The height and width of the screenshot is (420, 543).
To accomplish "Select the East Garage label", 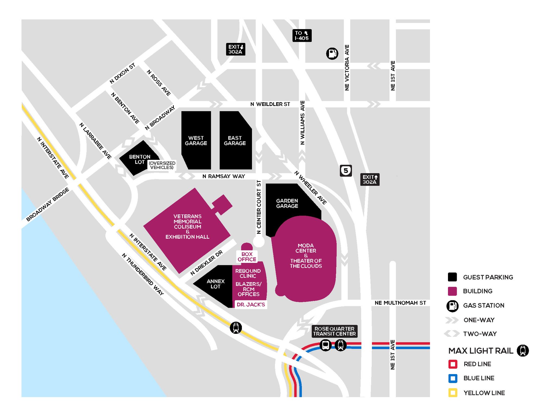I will (235, 141).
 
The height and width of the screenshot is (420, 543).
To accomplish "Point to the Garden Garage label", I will (287, 203).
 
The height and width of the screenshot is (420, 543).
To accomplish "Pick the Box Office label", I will (247, 257).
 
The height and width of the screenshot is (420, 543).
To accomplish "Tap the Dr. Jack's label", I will (251, 304).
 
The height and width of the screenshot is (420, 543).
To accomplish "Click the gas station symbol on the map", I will (332, 53).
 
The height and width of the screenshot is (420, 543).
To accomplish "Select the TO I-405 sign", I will (302, 35).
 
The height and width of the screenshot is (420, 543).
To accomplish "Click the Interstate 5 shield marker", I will (346, 171).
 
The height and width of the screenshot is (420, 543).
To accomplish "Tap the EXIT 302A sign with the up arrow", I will (370, 179).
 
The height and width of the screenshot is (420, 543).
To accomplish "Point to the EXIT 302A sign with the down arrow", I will (235, 49).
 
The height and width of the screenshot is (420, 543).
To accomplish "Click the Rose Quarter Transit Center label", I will (334, 331).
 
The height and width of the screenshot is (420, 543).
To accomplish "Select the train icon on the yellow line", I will (236, 328).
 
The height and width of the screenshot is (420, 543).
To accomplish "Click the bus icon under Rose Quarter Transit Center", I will (325, 345).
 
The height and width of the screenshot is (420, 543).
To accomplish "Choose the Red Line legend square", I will (453, 364).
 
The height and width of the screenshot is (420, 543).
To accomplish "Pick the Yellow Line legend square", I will (453, 393).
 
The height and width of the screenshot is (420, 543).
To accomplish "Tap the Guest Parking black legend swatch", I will (452, 277).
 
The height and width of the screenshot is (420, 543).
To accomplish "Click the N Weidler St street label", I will (270, 104).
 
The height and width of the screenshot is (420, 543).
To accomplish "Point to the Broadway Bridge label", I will (48, 204).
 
